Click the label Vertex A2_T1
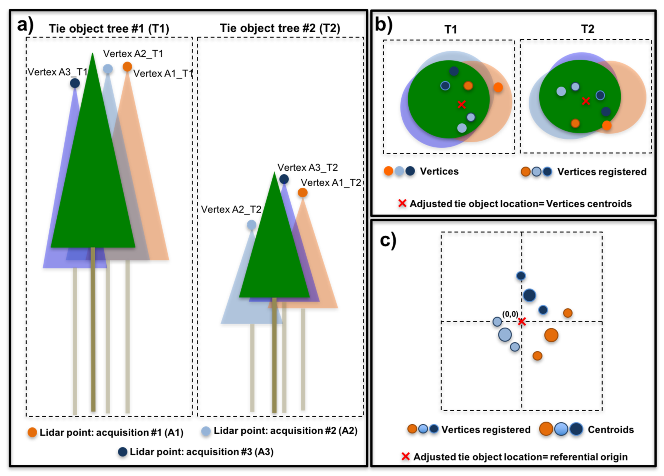[133, 53]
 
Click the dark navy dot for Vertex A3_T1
[75, 83]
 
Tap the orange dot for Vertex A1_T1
[127, 67]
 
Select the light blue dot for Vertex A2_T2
[251, 225]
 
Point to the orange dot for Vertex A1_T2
[303, 193]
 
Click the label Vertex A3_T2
[307, 167]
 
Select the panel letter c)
[388, 241]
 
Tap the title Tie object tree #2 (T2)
[280, 28]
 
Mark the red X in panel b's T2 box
[586, 101]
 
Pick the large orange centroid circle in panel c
[551, 335]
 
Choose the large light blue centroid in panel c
[505, 335]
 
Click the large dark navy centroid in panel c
[529, 295]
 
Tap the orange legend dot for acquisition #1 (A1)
[32, 432]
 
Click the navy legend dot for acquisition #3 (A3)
[123, 452]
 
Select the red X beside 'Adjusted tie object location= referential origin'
[405, 456]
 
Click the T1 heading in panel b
[451, 29]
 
